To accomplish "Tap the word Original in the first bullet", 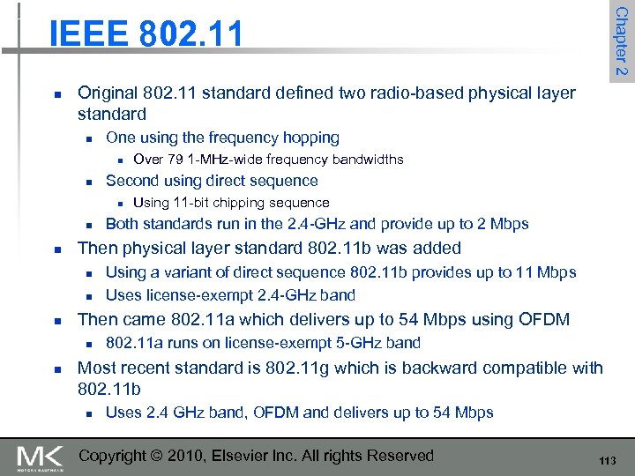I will [106, 93].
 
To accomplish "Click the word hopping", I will [309, 138].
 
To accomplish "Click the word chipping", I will [244, 203].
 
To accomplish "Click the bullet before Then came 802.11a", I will [56, 319].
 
